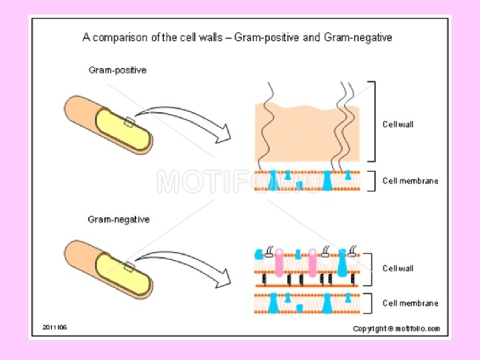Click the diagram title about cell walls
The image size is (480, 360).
pyautogui.click(x=237, y=38)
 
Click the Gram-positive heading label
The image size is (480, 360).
pyautogui.click(x=118, y=70)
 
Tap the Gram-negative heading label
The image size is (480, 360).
pyautogui.click(x=119, y=219)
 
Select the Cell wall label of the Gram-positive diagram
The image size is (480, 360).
pyautogui.click(x=398, y=124)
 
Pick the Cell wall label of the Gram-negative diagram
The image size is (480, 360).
pyautogui.click(x=398, y=268)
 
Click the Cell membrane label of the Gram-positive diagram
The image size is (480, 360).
pyautogui.click(x=410, y=181)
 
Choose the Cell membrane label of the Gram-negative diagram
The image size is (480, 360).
pyautogui.click(x=410, y=303)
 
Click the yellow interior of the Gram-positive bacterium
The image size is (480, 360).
pyautogui.click(x=123, y=129)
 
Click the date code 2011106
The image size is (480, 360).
pyautogui.click(x=55, y=327)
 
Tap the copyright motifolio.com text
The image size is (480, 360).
pyautogui.click(x=396, y=328)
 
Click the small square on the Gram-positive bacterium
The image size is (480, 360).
pyautogui.click(x=129, y=121)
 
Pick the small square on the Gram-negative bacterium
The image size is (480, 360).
pyautogui.click(x=129, y=267)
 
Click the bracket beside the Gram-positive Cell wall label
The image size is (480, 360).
pyautogui.click(x=372, y=121)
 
